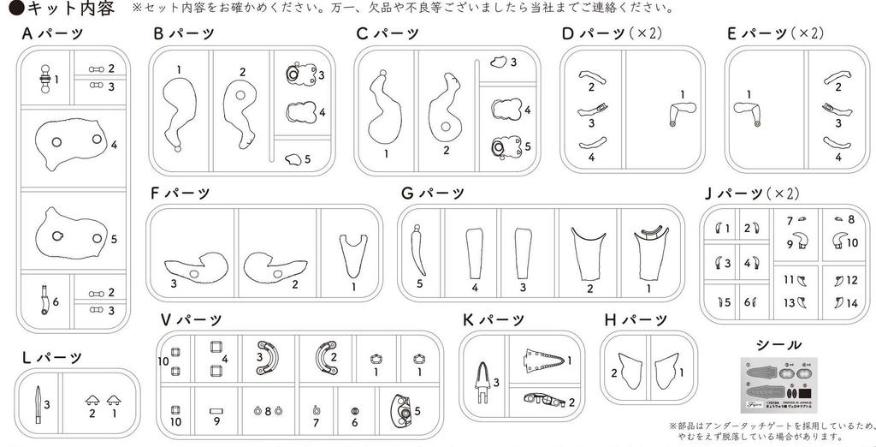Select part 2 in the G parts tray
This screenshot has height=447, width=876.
point(589,252)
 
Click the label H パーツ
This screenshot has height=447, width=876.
point(635,320)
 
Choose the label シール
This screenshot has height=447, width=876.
point(779,345)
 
